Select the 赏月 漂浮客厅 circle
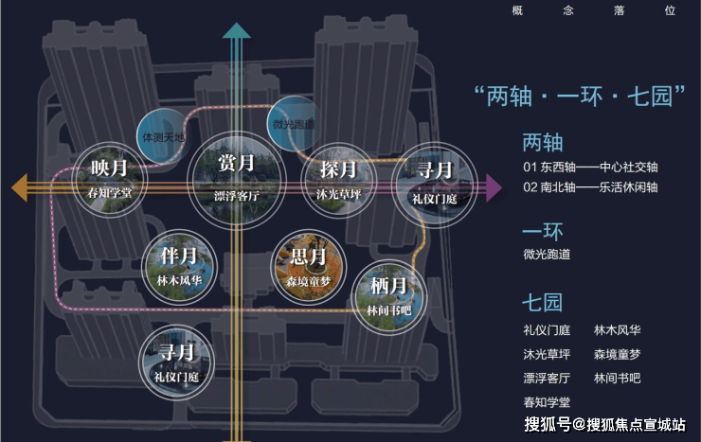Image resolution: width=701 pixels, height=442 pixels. pyautogui.click(x=235, y=174)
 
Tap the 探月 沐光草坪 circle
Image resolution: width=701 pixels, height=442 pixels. pyautogui.click(x=337, y=179)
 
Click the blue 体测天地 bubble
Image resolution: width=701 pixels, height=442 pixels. pyautogui.click(x=163, y=135)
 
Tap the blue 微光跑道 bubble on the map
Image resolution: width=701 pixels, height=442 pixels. pyautogui.click(x=294, y=123)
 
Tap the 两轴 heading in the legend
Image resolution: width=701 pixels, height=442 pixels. pyautogui.click(x=543, y=143)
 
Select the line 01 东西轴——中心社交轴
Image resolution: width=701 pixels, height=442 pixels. pyautogui.click(x=589, y=168)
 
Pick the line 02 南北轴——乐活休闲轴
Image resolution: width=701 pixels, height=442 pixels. pyautogui.click(x=589, y=187)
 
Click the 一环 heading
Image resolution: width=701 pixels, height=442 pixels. pyautogui.click(x=543, y=231)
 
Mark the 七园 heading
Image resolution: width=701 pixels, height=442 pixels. pyautogui.click(x=543, y=303)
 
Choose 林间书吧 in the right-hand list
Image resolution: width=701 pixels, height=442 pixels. pyautogui.click(x=617, y=378)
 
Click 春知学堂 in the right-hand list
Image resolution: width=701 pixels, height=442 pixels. pyautogui.click(x=547, y=402)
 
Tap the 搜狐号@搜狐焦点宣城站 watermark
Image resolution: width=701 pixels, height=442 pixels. pyautogui.click(x=605, y=423)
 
